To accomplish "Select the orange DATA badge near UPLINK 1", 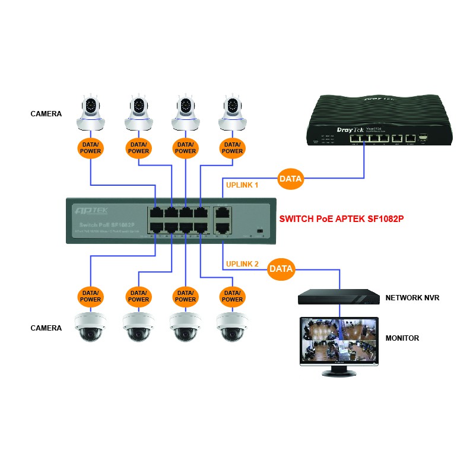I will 291,178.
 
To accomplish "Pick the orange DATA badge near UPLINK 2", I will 281,269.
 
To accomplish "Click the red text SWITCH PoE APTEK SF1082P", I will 341,218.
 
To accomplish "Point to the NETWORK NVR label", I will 412,298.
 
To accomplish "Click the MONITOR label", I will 402,338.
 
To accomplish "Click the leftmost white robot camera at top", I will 91,113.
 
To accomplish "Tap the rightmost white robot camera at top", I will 232,113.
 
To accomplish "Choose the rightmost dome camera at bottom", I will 232,327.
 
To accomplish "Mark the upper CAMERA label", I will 46,113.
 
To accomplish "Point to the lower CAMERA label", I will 46,328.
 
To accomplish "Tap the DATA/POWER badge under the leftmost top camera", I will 91,147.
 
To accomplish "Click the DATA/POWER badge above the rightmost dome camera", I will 232,296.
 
